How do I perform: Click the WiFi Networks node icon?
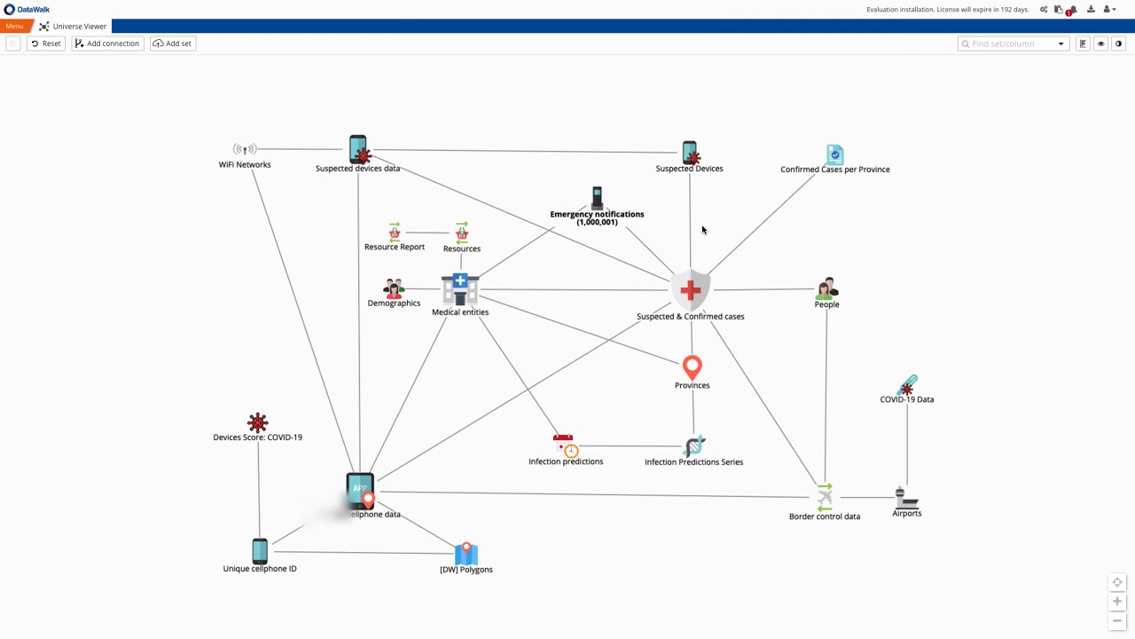point(245,149)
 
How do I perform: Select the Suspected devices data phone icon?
point(358,149)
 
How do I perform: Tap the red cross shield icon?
point(690,289)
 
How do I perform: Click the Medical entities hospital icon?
point(460,288)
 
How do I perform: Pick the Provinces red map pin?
point(693,367)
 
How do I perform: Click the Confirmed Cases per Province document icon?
point(834,154)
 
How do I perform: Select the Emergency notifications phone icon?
point(598,197)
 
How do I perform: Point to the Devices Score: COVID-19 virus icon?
point(257,422)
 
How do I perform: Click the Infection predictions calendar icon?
point(565,445)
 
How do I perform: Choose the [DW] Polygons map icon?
point(466,553)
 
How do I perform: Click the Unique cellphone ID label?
point(260,569)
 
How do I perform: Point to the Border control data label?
point(825,517)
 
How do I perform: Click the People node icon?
point(826,288)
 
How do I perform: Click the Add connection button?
point(107,43)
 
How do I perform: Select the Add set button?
point(173,43)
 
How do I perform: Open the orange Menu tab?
point(14,27)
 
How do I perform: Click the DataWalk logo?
point(27,9)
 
